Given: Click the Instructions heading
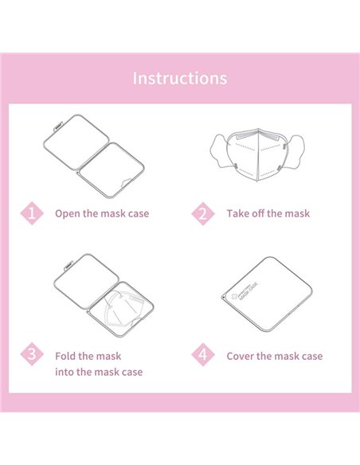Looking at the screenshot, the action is pyautogui.click(x=180, y=78).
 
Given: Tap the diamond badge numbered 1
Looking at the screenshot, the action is pyautogui.click(x=32, y=213).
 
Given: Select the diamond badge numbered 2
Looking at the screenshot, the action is pyautogui.click(x=203, y=213).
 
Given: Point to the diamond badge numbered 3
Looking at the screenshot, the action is pyautogui.click(x=32, y=354).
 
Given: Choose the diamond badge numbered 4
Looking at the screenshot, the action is pyautogui.click(x=203, y=354).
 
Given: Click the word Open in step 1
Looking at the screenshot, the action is pyautogui.click(x=68, y=214).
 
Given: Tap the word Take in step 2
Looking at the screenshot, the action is pyautogui.click(x=237, y=213).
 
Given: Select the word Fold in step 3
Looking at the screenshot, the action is pyautogui.click(x=65, y=356).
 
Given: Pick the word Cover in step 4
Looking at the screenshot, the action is pyautogui.click(x=241, y=356).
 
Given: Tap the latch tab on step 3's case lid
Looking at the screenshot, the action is pyautogui.click(x=68, y=265).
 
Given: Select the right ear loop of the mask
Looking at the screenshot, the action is pyautogui.click(x=295, y=151).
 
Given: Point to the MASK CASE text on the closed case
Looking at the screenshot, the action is pyautogui.click(x=248, y=291).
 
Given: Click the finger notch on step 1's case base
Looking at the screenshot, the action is pyautogui.click(x=127, y=182).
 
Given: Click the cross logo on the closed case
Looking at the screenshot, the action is pyautogui.click(x=235, y=296).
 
